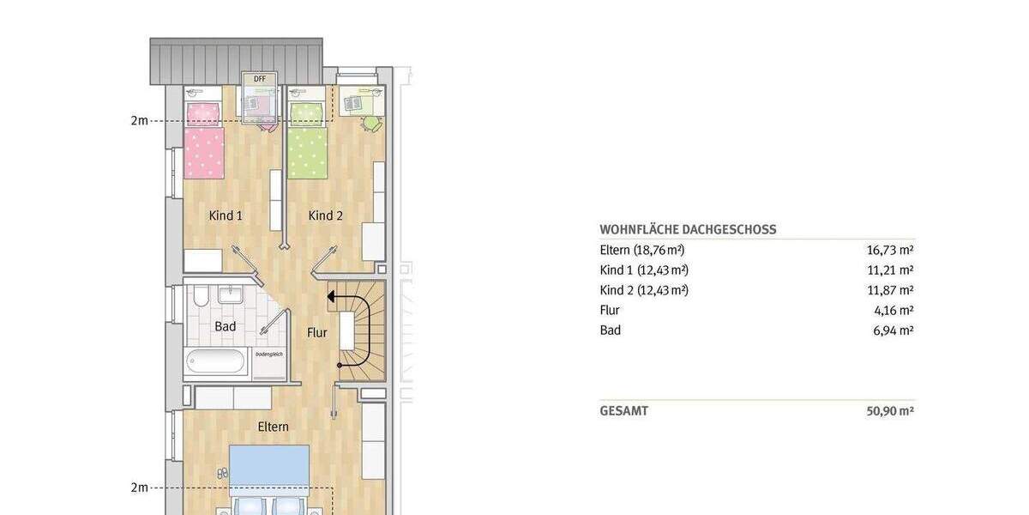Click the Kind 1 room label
point(226,215)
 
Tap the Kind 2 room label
point(325,215)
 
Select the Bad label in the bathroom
point(226,327)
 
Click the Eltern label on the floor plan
point(274,426)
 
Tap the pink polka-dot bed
point(204,143)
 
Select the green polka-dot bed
point(308,143)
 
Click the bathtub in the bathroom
point(219,361)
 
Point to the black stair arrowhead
point(329,297)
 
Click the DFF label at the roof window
point(260,78)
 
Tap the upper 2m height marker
point(139,121)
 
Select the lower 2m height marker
point(139,488)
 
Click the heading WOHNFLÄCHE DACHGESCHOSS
point(688,230)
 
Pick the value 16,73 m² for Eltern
point(890,251)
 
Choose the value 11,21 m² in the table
point(890,270)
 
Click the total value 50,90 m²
point(890,411)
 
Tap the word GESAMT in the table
point(623,411)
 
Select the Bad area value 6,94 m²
point(893,330)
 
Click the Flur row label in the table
point(610,310)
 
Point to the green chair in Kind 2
point(370,124)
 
